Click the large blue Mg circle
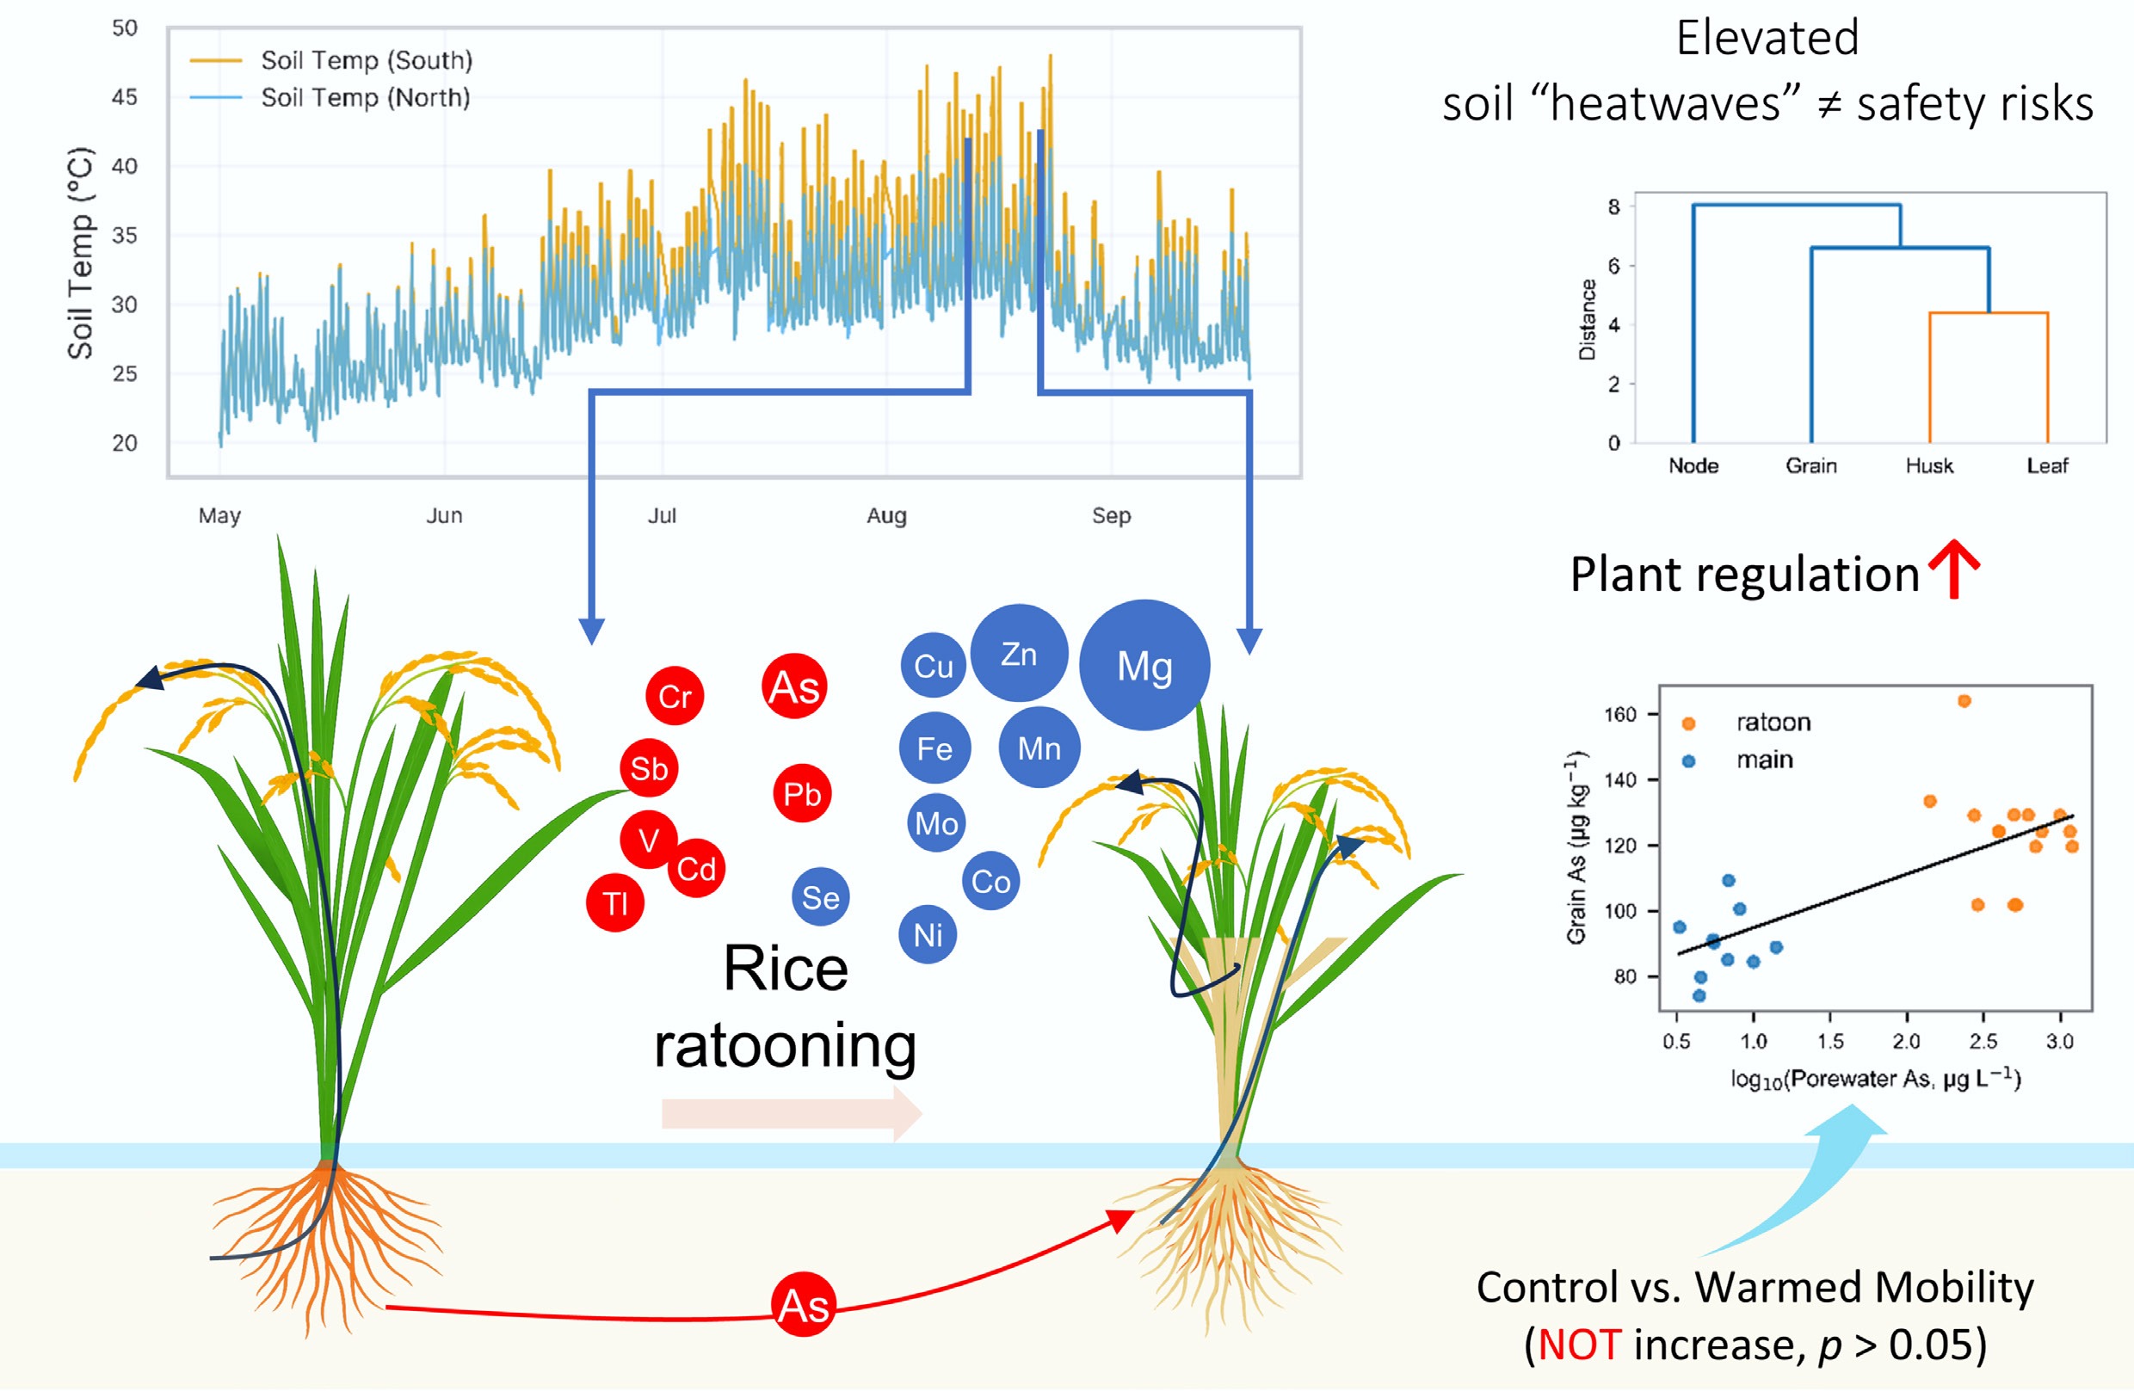click(1144, 665)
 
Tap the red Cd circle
click(696, 868)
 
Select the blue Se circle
click(820, 897)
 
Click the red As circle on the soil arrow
click(804, 1305)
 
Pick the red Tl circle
click(615, 902)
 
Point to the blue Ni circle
click(928, 935)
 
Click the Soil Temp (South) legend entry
click(366, 60)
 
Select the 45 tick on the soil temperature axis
click(125, 97)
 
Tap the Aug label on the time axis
click(886, 515)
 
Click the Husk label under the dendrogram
click(1928, 465)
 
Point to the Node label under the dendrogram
click(1693, 465)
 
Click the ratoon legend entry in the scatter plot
click(1773, 723)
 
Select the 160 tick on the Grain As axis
click(1619, 714)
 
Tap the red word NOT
click(1579, 1345)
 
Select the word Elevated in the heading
click(1767, 39)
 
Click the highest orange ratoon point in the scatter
click(1964, 701)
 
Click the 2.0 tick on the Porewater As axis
click(1906, 1042)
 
